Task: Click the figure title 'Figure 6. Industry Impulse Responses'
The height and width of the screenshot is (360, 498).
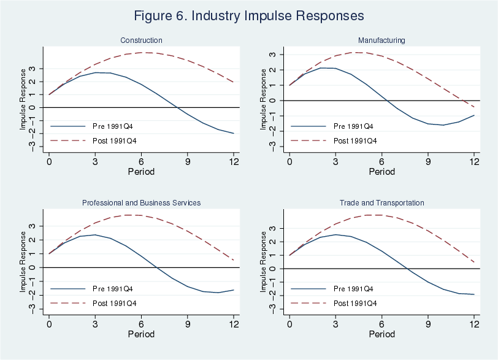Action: click(248, 15)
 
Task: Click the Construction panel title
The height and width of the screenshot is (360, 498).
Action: click(141, 40)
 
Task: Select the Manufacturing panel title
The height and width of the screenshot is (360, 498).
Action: click(381, 40)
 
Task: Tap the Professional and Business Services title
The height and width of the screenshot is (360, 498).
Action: click(141, 202)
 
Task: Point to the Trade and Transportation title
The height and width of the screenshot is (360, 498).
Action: click(381, 202)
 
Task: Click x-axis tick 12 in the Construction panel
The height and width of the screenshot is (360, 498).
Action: click(234, 161)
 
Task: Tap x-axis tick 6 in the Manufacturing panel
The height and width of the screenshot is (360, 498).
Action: click(381, 161)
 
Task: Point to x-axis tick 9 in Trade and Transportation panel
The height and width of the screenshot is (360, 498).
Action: click(428, 323)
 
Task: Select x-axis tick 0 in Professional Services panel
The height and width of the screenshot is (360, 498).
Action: click(49, 323)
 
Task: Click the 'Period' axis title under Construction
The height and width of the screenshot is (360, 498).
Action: click(141, 172)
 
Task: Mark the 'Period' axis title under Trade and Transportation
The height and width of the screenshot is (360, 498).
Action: click(381, 334)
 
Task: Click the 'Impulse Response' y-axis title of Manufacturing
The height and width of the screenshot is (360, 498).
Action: click(264, 99)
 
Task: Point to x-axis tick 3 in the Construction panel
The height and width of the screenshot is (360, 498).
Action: click(95, 161)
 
